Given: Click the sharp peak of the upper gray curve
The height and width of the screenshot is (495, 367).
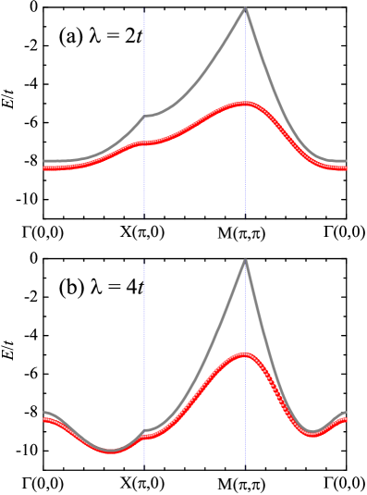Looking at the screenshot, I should [x=245, y=8].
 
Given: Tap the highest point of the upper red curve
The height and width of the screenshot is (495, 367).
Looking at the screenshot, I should [x=244, y=104].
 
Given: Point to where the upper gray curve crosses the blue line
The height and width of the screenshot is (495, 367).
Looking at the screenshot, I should [x=144, y=117].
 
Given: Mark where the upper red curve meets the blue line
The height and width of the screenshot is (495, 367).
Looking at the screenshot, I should [x=144, y=143].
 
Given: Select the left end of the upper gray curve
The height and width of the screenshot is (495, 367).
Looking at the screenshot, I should [x=44, y=161].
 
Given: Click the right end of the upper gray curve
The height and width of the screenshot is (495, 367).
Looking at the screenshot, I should [x=346, y=161].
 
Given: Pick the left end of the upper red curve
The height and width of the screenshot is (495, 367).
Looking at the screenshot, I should [x=44, y=168].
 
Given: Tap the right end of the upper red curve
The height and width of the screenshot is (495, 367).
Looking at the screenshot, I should [x=346, y=168].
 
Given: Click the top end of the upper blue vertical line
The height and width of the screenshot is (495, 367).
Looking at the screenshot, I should [x=144, y=13].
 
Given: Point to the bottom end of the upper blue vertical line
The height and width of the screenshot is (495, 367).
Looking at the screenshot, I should [x=144, y=213].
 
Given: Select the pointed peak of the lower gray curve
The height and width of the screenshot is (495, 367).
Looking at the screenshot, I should [x=245, y=260].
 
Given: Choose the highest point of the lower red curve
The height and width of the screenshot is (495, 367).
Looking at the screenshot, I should [x=244, y=354].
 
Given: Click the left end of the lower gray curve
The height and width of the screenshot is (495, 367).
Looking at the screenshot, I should [x=44, y=412].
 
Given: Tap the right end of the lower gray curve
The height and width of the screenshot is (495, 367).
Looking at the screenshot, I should [x=346, y=412].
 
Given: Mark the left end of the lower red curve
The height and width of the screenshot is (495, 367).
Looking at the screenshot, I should [x=44, y=420].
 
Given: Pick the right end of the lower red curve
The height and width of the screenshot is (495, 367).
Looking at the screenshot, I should [x=346, y=420].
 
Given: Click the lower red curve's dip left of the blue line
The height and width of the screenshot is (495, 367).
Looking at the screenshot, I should [x=111, y=452].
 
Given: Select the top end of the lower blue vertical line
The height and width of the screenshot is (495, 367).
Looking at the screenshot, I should [x=144, y=264].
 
